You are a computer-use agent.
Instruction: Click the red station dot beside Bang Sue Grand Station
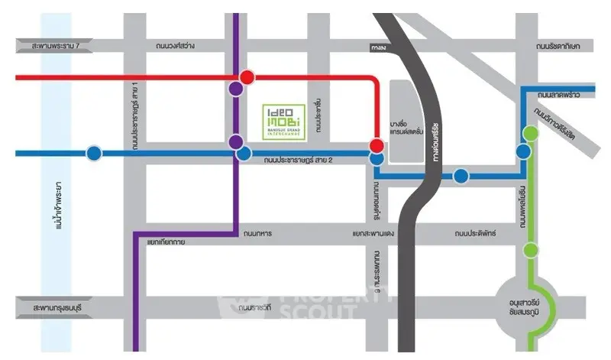[x=377, y=145]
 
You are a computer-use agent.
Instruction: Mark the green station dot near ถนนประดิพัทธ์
[x=530, y=250]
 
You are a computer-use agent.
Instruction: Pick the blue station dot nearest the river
[x=93, y=153]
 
